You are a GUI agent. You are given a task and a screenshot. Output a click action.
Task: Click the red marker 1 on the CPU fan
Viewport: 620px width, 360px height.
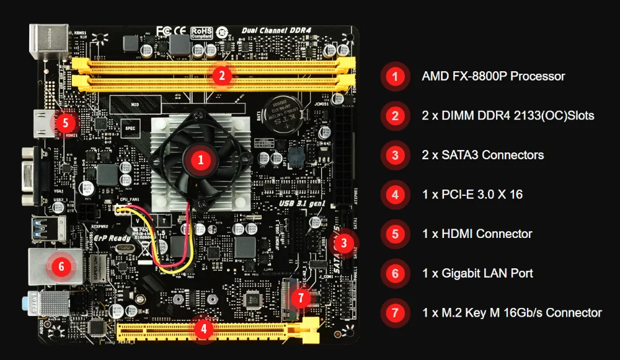pos(200,159)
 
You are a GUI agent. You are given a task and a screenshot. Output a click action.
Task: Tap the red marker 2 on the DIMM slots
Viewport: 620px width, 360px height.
pos(222,76)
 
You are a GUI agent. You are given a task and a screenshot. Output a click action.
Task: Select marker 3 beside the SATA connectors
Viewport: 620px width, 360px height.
pos(346,243)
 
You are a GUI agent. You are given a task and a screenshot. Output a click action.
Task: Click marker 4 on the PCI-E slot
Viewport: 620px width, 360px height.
pos(204,329)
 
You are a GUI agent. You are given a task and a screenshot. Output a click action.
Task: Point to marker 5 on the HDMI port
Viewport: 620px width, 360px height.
pos(66,121)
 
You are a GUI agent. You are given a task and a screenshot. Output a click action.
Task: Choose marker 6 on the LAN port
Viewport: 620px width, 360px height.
pos(61,266)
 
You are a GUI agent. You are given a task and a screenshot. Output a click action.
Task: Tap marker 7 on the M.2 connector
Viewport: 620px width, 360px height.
pos(301,298)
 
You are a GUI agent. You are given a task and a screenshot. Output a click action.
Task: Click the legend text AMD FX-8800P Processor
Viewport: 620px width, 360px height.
pos(493,76)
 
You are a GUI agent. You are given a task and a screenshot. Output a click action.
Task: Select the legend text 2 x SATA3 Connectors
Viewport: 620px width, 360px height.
pos(482,155)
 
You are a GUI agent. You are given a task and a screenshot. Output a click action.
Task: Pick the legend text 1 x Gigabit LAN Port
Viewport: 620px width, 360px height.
pos(477,273)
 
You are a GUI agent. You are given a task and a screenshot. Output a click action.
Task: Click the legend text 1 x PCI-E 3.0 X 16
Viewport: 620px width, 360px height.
pos(472,195)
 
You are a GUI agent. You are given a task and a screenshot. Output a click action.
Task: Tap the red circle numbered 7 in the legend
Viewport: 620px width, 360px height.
pos(395,313)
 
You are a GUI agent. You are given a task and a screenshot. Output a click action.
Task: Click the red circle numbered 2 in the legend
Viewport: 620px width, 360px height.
pos(395,116)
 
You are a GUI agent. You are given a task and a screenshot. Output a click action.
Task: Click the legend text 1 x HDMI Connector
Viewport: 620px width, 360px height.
pos(477,234)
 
